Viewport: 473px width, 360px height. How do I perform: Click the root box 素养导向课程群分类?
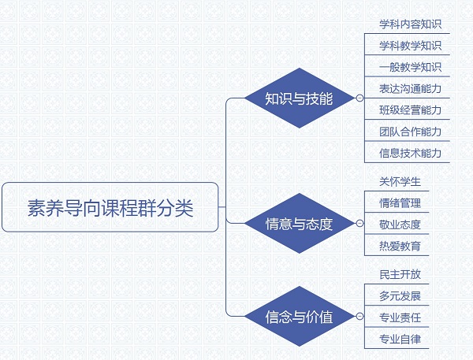point(110,207)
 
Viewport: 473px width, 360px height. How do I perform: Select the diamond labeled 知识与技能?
point(299,98)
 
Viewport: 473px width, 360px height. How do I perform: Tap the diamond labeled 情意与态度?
point(299,223)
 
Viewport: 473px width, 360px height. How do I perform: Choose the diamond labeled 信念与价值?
point(299,317)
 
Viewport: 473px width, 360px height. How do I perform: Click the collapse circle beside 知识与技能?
point(359,98)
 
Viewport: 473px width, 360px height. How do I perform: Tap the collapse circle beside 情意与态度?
point(359,223)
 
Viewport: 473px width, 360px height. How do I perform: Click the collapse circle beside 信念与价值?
point(359,317)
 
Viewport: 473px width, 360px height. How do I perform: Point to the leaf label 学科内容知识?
point(410,24)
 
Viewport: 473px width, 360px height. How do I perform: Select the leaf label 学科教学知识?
point(410,46)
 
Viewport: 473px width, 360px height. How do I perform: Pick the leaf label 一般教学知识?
point(410,67)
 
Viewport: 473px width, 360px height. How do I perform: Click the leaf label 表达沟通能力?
point(410,89)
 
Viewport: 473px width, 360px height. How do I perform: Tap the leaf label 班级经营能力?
point(410,110)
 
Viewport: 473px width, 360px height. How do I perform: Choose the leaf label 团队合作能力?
point(410,132)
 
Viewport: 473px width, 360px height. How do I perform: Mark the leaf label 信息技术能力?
point(410,153)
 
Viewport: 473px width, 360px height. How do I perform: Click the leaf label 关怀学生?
point(400,181)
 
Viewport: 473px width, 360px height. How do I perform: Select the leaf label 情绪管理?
point(400,203)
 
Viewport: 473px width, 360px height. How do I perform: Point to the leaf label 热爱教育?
point(400,246)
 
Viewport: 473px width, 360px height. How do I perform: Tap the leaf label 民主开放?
point(400,274)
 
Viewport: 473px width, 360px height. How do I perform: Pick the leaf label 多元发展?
point(400,296)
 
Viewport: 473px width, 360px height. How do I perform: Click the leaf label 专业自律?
point(400,340)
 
